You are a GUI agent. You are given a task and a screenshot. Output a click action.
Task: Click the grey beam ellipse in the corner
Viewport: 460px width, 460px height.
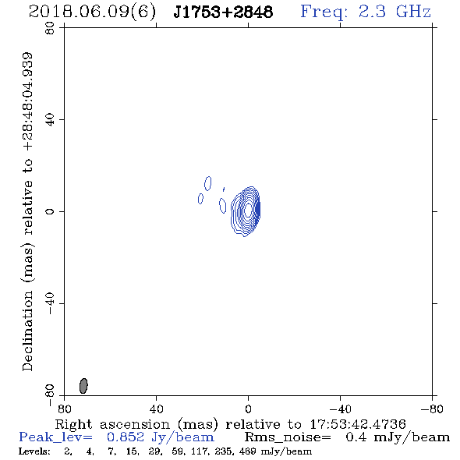(83, 386)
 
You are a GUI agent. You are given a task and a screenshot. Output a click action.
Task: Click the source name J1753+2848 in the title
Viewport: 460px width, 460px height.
(223, 12)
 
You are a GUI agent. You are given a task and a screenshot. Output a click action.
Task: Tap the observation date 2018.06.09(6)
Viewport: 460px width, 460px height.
(93, 12)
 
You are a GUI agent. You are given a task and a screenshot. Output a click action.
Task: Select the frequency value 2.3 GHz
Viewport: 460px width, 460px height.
(395, 12)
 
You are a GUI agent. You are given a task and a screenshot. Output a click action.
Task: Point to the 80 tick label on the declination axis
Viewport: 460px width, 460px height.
(50, 28)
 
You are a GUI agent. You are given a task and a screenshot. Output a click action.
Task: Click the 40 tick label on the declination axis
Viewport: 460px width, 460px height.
(50, 120)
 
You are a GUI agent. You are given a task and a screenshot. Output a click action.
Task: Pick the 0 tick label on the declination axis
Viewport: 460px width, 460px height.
(50, 211)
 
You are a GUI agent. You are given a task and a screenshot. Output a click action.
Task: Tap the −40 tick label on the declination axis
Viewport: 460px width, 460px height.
(50, 303)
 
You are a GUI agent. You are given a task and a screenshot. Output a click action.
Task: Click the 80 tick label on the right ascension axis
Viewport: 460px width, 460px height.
(64, 409)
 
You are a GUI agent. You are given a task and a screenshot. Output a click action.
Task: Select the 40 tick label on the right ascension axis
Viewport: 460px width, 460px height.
(156, 409)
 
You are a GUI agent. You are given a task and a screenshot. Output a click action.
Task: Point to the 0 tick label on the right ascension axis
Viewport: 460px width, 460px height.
(248, 409)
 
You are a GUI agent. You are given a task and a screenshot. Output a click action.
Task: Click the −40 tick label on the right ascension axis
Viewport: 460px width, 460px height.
(340, 409)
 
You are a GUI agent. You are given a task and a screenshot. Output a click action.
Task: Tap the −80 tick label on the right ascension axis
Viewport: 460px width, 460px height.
(432, 409)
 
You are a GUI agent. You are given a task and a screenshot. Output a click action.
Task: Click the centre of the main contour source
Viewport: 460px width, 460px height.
(248, 209)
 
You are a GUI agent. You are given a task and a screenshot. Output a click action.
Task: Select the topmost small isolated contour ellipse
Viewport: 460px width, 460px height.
(208, 183)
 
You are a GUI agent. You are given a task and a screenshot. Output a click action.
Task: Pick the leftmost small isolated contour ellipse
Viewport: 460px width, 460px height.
(200, 199)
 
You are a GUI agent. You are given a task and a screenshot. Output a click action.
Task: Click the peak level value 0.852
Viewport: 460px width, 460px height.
(126, 437)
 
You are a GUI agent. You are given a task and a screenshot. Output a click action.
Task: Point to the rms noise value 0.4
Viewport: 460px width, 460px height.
(356, 437)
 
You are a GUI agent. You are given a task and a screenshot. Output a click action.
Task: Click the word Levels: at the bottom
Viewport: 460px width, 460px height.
(34, 451)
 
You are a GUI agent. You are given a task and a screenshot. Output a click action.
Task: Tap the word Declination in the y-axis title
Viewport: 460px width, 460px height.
(27, 331)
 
